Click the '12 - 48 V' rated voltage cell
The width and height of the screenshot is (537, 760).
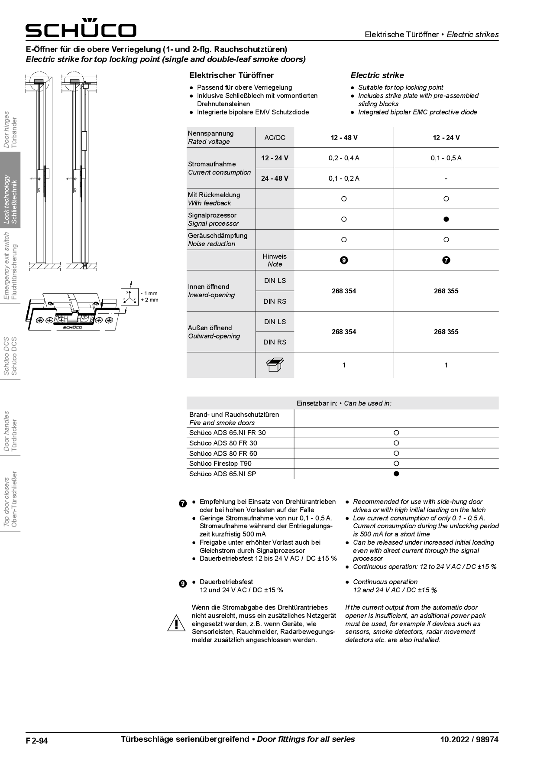click(x=344, y=138)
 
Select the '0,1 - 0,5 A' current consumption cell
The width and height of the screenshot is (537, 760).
click(x=446, y=158)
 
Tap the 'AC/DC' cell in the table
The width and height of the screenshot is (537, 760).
click(x=275, y=138)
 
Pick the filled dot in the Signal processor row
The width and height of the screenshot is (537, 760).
click(x=446, y=219)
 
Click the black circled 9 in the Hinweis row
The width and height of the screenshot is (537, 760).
click(x=344, y=260)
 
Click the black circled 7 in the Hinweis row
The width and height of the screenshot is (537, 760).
click(x=446, y=260)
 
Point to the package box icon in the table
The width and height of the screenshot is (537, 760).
click(x=275, y=365)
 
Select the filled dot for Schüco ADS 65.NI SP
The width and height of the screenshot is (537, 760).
click(x=396, y=474)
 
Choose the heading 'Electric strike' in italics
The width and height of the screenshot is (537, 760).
click(x=377, y=75)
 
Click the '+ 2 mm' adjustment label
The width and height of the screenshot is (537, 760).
click(x=149, y=300)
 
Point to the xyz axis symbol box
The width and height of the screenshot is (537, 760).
click(x=129, y=297)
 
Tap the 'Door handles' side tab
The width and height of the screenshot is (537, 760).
click(x=10, y=431)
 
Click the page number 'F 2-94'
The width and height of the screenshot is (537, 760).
click(x=37, y=741)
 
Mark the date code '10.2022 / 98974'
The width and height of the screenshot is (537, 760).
click(x=469, y=740)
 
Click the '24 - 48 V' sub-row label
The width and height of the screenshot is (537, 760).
click(x=275, y=179)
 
